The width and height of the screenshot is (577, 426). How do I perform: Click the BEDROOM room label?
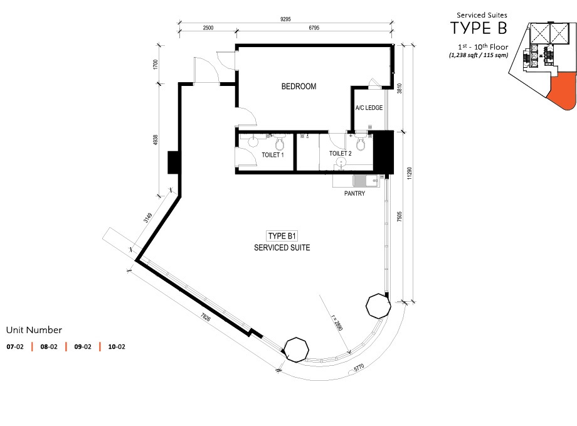pos(299,87)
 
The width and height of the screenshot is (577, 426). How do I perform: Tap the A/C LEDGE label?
pos(369,107)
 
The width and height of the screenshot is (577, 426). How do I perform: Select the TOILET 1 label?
pos(272,155)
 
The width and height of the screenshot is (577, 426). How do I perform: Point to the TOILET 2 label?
pos(340,154)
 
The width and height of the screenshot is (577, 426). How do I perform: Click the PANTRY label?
pos(354,193)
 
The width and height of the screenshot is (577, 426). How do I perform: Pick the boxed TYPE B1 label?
pos(282,236)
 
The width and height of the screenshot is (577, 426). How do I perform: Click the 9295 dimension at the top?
pos(285,19)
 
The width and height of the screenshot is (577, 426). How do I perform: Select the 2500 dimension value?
pos(208,28)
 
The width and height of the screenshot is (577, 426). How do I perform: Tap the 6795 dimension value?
pos(314,28)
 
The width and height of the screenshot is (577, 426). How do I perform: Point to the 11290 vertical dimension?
pos(410,174)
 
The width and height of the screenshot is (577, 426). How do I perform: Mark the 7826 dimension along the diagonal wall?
pos(205,317)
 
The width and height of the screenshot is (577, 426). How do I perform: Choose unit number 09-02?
pos(83,346)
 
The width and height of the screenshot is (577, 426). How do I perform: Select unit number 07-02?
pos(15,346)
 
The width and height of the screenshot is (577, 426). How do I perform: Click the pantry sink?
pos(366,181)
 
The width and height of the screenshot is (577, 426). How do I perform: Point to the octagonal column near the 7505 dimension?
pos(378,306)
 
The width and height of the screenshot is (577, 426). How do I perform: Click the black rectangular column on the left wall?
pos(173,162)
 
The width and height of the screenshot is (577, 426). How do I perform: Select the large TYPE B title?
pos(479,28)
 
